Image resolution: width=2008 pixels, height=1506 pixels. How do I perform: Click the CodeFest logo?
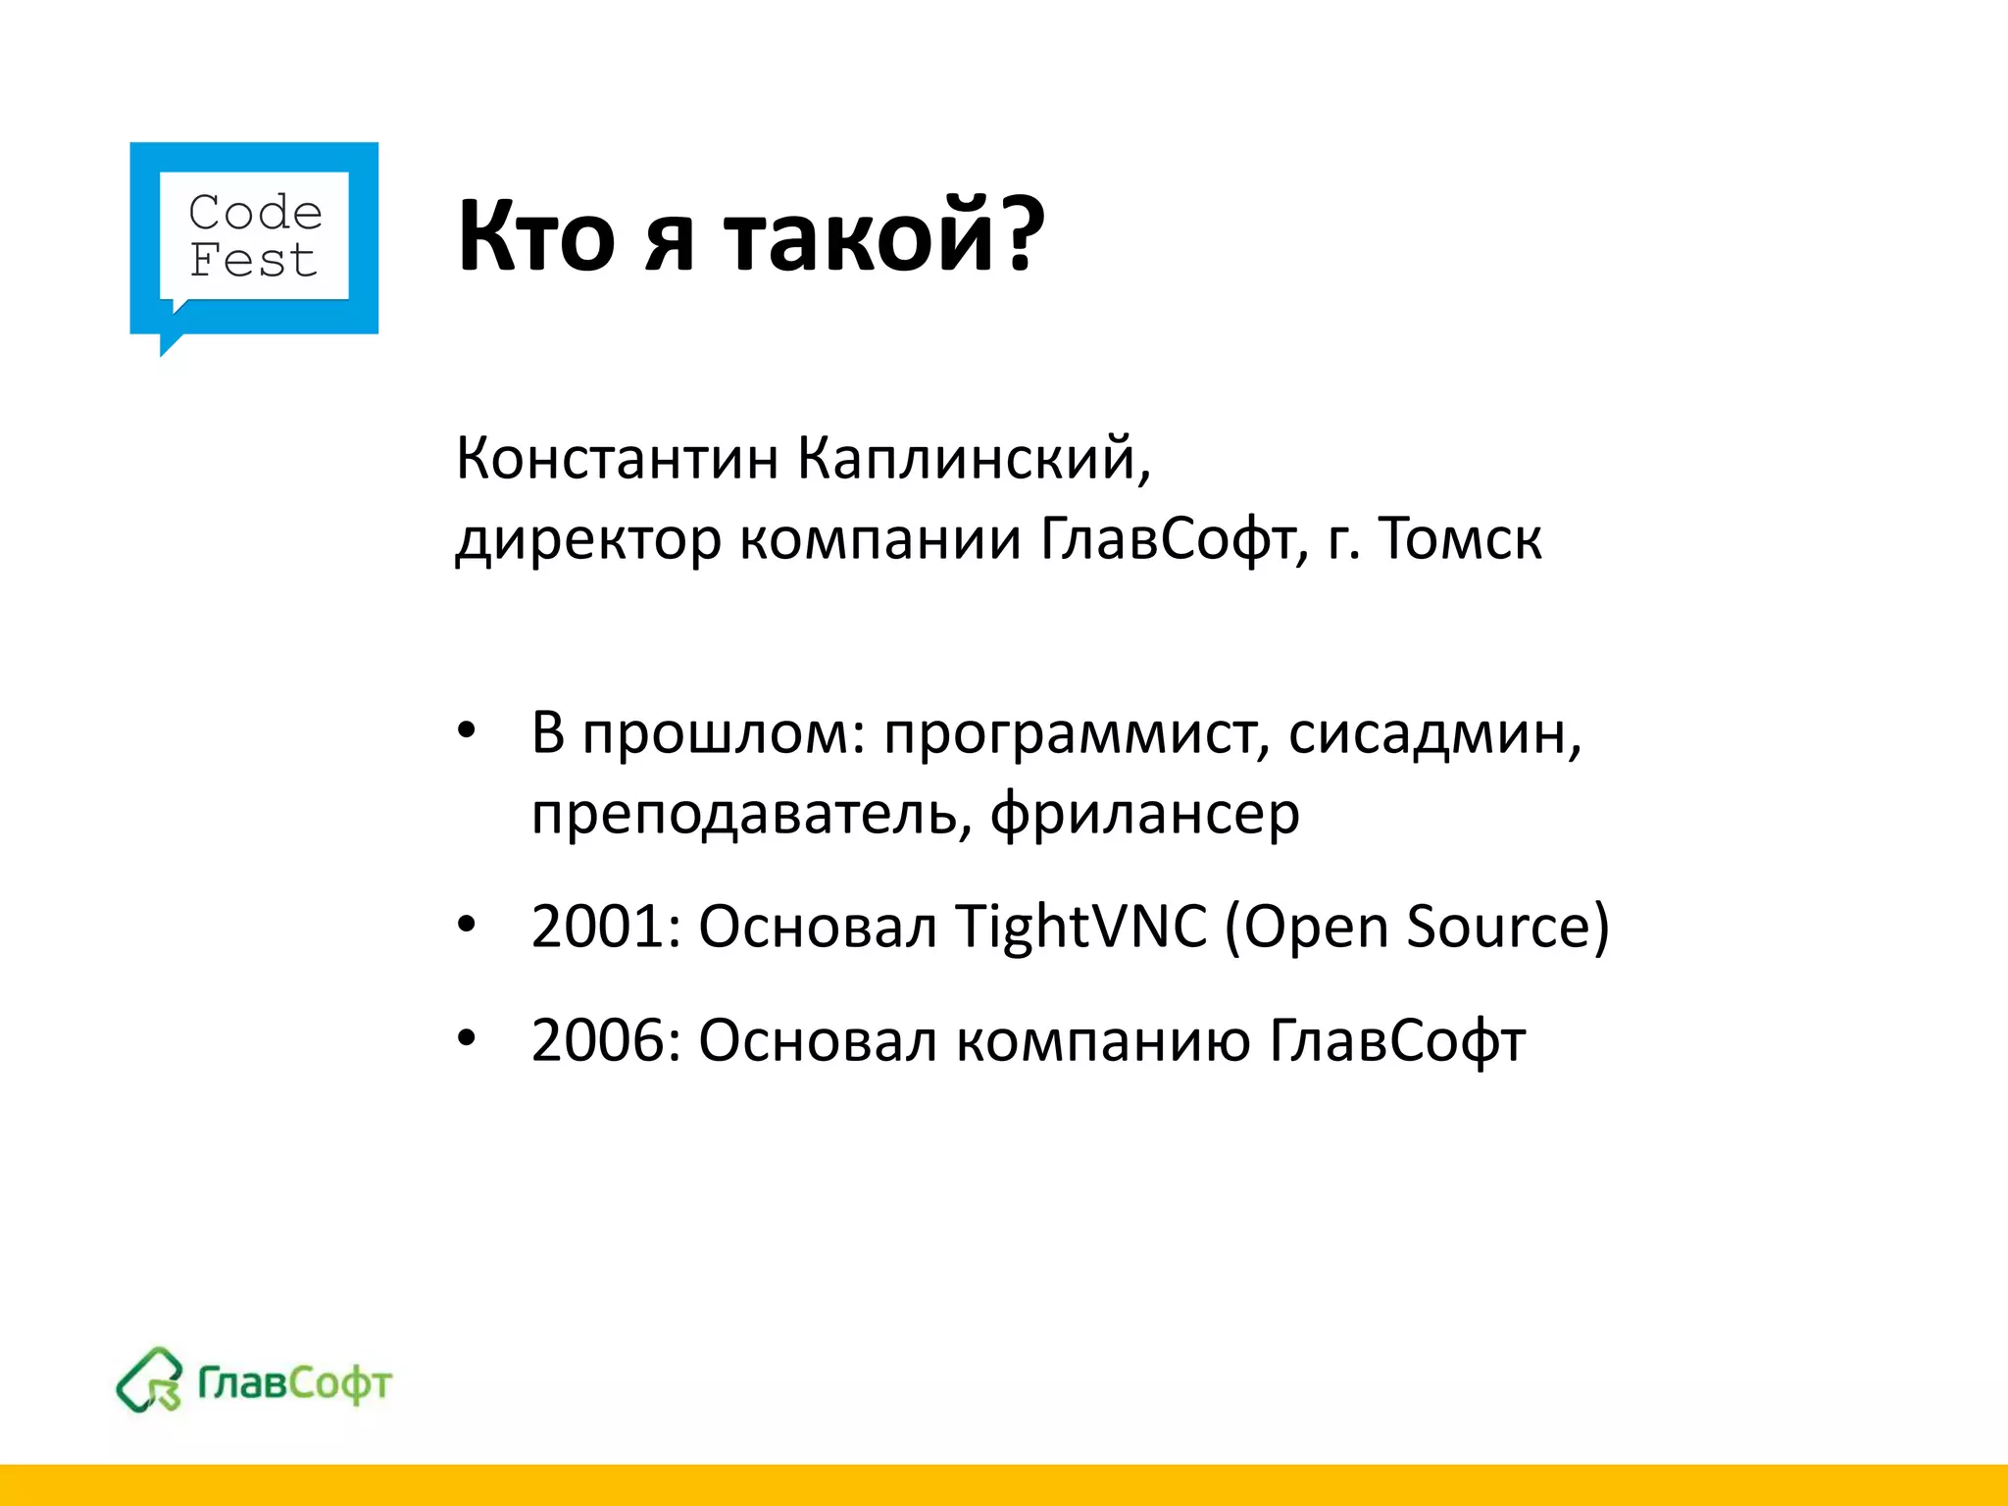(254, 245)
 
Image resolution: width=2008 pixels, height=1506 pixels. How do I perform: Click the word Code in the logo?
(255, 212)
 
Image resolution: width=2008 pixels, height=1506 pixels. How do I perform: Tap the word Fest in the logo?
(253, 261)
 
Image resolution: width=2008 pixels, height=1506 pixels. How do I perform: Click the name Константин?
(618, 458)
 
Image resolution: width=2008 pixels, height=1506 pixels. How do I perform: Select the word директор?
(588, 539)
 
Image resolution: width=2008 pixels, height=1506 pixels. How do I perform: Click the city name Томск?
(1460, 538)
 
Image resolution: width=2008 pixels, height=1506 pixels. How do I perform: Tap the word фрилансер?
(1144, 815)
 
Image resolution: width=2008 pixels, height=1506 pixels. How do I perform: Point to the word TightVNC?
(1080, 927)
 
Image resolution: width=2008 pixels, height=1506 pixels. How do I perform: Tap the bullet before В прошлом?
(467, 730)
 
